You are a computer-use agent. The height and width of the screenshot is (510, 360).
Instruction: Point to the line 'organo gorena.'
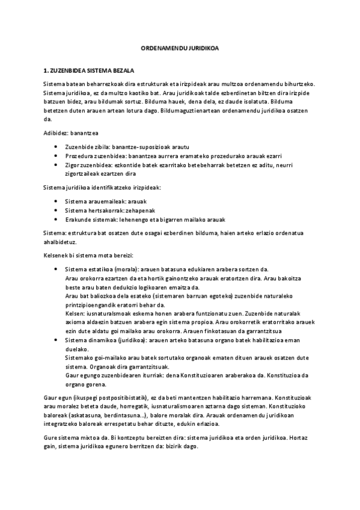(x=85, y=384)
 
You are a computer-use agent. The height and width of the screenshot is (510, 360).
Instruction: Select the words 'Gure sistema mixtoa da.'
(x=77, y=437)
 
